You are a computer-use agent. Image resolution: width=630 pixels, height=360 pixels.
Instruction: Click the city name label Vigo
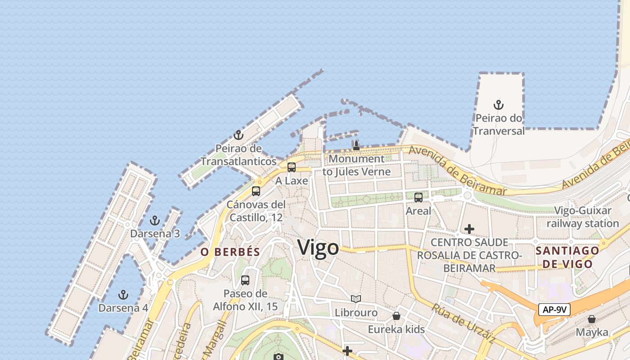coord(318,248)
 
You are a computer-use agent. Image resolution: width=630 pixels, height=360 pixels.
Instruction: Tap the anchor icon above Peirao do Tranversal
coord(498,105)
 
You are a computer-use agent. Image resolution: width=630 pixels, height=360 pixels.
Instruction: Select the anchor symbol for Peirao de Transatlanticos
coord(238,135)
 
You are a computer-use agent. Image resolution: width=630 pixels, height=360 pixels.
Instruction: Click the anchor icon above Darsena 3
coord(155,220)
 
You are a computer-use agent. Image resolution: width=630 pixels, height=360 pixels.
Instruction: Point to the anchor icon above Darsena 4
coord(123,295)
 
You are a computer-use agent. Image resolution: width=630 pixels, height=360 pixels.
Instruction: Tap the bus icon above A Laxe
coord(292,167)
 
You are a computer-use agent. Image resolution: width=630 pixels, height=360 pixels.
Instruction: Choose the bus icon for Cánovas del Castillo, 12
coord(256,191)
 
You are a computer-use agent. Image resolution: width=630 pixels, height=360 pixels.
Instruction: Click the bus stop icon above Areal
coord(418,197)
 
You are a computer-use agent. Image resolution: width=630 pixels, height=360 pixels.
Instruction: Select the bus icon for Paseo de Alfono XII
coord(245,280)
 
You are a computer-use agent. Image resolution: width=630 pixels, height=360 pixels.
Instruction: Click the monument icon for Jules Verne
coord(356,145)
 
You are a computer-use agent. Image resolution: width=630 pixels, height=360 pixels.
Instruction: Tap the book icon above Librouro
coord(356,299)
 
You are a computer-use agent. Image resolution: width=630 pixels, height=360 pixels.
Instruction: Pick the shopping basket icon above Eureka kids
coord(396,316)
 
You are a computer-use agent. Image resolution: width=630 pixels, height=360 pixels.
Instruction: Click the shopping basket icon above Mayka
coord(592,319)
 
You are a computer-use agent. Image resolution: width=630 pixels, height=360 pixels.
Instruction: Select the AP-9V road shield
coord(554,310)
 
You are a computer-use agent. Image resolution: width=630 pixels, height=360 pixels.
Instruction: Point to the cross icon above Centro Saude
coord(469,229)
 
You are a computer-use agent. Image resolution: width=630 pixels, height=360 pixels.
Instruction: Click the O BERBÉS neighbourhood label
coord(230,252)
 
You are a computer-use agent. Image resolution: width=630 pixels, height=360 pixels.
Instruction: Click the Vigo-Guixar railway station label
coord(583,217)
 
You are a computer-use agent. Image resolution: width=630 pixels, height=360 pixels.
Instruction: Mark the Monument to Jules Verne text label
coord(356,165)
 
